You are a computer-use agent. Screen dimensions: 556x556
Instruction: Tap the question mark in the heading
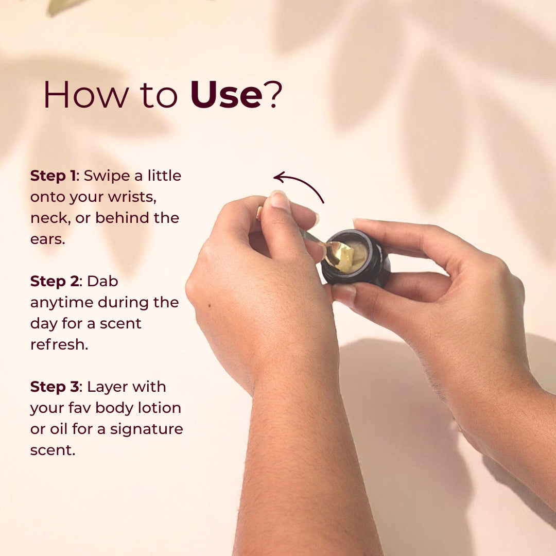tap(274, 94)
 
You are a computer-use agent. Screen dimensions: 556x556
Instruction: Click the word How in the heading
tap(86, 94)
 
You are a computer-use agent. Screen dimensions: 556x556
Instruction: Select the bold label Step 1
tap(53, 176)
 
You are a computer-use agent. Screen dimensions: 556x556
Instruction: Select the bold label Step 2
tap(55, 281)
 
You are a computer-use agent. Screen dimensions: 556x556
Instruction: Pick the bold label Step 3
tap(55, 387)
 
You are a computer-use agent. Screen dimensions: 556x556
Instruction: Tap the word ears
tap(47, 239)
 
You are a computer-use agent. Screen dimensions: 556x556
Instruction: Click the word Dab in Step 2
tap(102, 281)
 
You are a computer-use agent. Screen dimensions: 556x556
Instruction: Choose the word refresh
tap(59, 344)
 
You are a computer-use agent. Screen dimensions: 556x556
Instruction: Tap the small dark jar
tap(356, 258)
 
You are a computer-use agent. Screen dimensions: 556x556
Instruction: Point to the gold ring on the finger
tap(259, 214)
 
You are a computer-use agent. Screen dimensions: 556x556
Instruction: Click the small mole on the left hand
tap(210, 305)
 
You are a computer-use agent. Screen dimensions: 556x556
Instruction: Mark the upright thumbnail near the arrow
tap(280, 200)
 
